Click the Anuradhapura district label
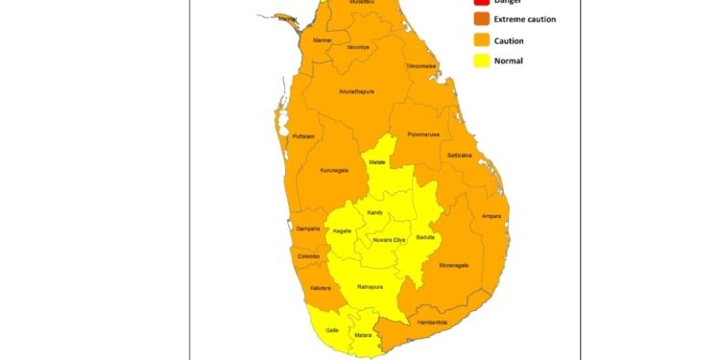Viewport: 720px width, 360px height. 356,91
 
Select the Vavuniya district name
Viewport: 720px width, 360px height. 358,46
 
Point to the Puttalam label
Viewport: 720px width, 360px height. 302,136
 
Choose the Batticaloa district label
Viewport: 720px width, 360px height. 460,155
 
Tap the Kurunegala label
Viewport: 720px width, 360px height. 327,169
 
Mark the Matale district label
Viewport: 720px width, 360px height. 377,162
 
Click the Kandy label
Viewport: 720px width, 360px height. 374,212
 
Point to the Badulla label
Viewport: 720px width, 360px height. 425,236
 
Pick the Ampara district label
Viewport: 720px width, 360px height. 492,216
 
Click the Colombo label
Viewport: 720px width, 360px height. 309,256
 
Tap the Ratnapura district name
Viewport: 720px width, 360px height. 371,286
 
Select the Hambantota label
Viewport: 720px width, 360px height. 432,322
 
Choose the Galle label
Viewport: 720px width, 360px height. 332,328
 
